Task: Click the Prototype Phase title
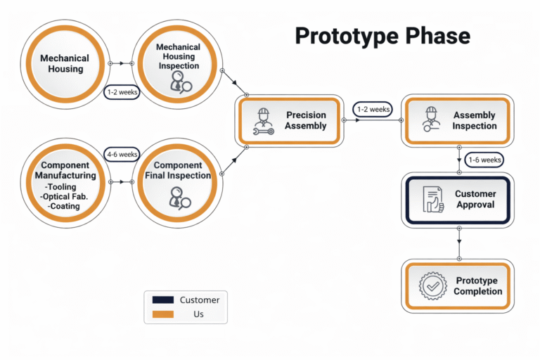pyautogui.click(x=382, y=36)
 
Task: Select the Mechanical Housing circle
pyautogui.click(x=65, y=64)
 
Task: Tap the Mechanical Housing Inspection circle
pyautogui.click(x=177, y=64)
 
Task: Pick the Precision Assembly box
pyautogui.click(x=289, y=121)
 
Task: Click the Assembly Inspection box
pyautogui.click(x=457, y=121)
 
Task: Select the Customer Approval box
pyautogui.click(x=457, y=199)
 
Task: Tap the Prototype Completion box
pyautogui.click(x=457, y=286)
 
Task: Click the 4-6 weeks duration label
pyautogui.click(x=122, y=154)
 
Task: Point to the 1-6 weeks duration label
pyautogui.click(x=484, y=160)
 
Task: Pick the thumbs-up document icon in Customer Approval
pyautogui.click(x=432, y=200)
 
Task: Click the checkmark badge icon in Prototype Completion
pyautogui.click(x=432, y=286)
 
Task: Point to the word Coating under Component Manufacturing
pyautogui.click(x=65, y=207)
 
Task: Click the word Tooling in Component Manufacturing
pyautogui.click(x=65, y=187)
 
